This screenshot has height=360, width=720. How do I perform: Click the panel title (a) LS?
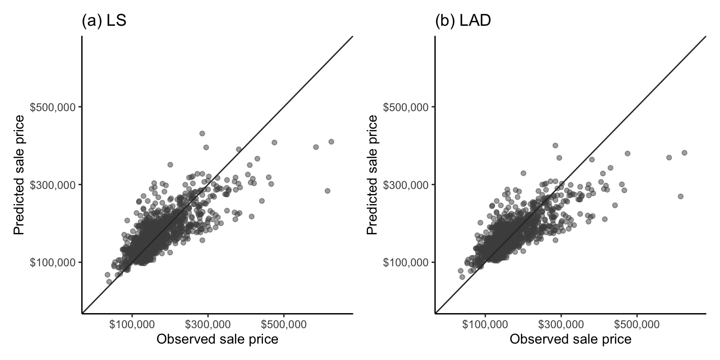pyautogui.click(x=104, y=22)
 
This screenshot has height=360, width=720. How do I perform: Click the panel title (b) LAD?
pyautogui.click(x=463, y=22)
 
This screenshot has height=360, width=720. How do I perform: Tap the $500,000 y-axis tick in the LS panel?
pyautogui.click(x=53, y=107)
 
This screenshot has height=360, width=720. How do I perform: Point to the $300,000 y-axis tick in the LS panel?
pyautogui.click(x=53, y=185)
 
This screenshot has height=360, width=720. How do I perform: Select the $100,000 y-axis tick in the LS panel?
pyautogui.click(x=53, y=262)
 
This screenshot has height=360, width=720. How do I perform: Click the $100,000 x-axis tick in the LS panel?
pyautogui.click(x=132, y=324)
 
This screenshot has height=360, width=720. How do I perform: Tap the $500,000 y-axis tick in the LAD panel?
pyautogui.click(x=406, y=107)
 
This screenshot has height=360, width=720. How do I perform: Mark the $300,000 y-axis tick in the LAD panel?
pyautogui.click(x=406, y=185)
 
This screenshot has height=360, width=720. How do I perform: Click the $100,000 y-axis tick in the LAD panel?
pyautogui.click(x=406, y=262)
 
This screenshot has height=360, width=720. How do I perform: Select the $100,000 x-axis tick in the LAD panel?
pyautogui.click(x=485, y=324)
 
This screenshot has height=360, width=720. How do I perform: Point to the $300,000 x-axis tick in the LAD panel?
pyautogui.click(x=561, y=324)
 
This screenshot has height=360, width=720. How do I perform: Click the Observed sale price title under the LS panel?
pyautogui.click(x=217, y=339)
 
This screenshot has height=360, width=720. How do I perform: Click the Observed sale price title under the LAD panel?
pyautogui.click(x=570, y=339)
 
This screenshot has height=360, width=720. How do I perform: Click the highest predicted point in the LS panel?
pyautogui.click(x=202, y=134)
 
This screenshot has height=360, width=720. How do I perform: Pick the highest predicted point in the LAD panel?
pyautogui.click(x=555, y=145)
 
